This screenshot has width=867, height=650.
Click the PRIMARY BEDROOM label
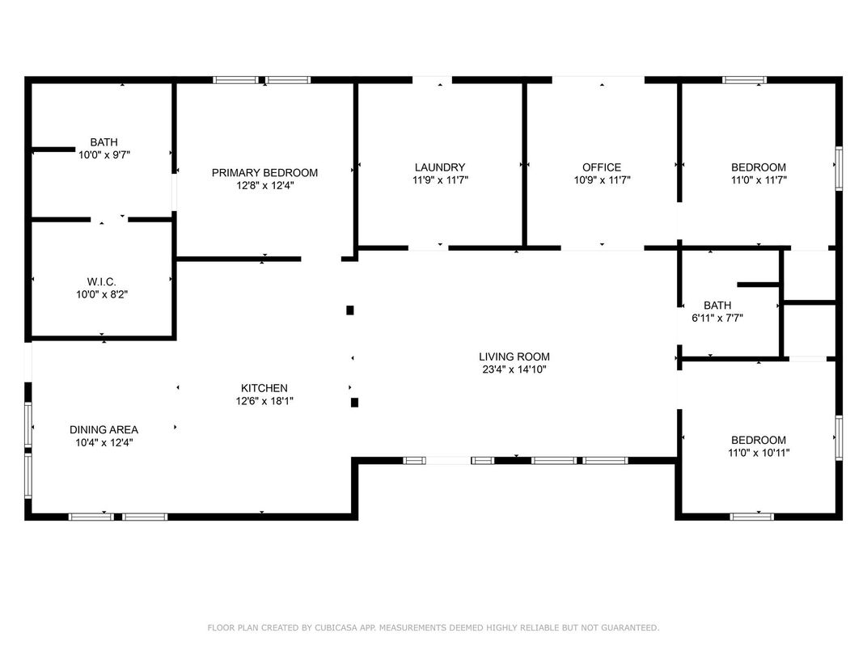click(264, 172)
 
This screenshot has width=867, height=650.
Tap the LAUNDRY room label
click(440, 167)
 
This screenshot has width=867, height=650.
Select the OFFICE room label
click(602, 167)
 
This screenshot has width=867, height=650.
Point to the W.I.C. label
click(102, 282)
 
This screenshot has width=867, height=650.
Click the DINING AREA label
click(104, 429)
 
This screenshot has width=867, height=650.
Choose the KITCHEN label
click(264, 388)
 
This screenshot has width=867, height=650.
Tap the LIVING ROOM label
click(514, 357)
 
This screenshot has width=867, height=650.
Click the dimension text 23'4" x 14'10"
click(514, 369)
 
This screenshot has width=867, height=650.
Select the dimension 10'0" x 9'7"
click(104, 154)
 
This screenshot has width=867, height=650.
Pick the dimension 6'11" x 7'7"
click(717, 318)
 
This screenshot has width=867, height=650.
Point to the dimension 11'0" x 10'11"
click(759, 453)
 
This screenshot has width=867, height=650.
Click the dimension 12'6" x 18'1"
click(264, 401)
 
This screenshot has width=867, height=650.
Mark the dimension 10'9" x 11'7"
click(603, 179)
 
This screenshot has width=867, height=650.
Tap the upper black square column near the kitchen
click(350, 310)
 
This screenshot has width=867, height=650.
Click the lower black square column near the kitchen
click(354, 403)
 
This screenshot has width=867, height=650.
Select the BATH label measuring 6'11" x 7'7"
click(717, 305)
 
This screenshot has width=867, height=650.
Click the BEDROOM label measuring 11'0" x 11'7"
click(759, 167)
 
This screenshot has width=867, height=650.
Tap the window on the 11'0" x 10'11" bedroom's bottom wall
click(752, 517)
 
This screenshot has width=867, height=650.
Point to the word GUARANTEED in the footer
click(630, 627)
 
